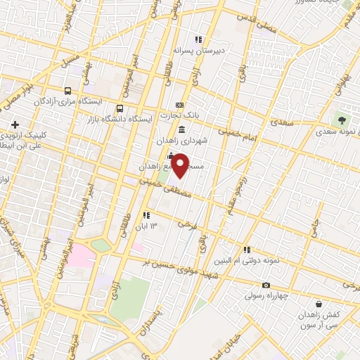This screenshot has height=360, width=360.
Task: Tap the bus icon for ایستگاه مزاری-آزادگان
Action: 67,91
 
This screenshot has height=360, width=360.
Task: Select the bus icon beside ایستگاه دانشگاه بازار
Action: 120,109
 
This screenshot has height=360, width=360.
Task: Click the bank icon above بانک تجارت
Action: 179,104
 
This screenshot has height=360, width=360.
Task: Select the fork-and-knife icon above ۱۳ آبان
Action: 146,214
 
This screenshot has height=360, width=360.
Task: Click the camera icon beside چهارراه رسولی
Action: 266,285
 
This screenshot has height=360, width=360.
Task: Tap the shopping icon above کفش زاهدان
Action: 321,307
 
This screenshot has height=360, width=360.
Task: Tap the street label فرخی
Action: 185,224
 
